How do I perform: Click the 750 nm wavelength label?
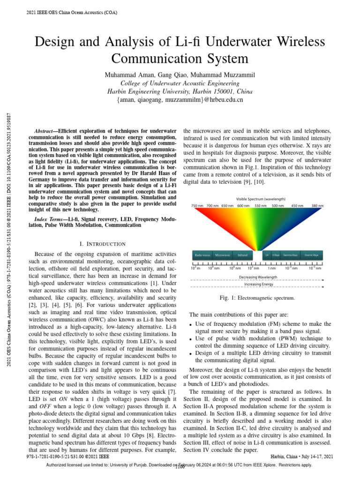coord(197,206)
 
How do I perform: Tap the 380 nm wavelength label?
coord(317,206)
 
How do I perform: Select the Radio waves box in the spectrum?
coord(202,255)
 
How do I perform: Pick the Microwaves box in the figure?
coord(222,255)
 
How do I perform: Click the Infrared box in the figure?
coord(243,255)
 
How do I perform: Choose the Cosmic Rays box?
coord(312,255)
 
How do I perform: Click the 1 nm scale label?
coord(271,268)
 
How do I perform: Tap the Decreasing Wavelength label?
coord(257,277)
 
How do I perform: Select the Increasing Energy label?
coord(257,284)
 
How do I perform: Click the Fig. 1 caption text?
coord(257,298)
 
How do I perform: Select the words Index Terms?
coord(50,219)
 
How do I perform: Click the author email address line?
coord(180,99)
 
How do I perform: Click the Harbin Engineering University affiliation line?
coord(180,91)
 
